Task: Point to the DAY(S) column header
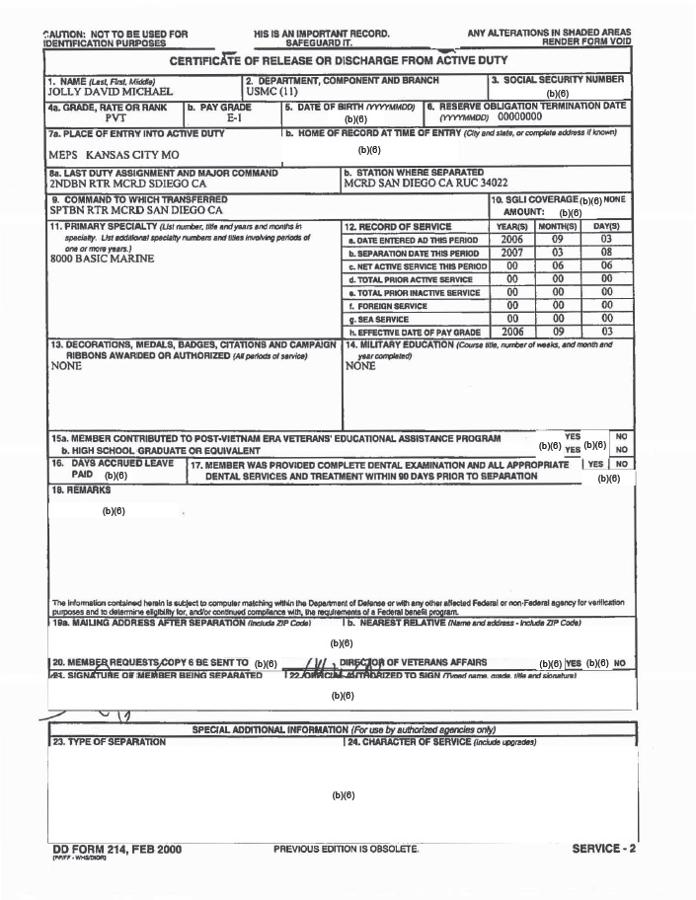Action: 605,227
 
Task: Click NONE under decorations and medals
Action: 65,365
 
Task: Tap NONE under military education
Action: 360,365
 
